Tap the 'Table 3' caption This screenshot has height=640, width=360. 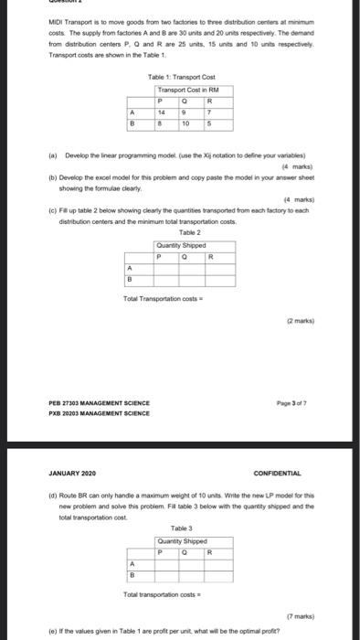click(181, 528)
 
